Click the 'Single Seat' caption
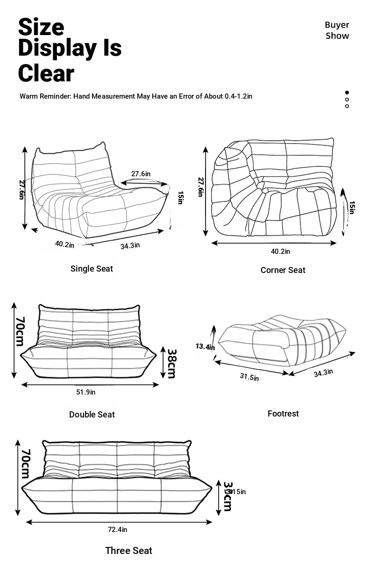click(x=92, y=269)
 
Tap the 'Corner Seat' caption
click(x=283, y=270)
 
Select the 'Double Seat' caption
click(x=92, y=415)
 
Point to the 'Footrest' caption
click(x=283, y=414)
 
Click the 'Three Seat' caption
click(x=128, y=551)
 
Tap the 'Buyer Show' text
click(x=337, y=30)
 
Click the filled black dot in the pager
click(x=347, y=93)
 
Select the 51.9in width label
click(x=85, y=392)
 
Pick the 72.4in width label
click(x=117, y=530)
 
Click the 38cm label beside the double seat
click(x=171, y=363)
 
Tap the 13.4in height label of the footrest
click(x=205, y=346)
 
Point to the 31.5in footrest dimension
click(x=249, y=377)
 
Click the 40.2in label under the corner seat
click(x=280, y=251)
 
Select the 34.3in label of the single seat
click(x=130, y=245)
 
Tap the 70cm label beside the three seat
click(x=25, y=464)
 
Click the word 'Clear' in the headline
click(x=46, y=73)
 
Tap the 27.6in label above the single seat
click(x=141, y=174)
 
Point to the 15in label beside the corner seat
click(x=352, y=207)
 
